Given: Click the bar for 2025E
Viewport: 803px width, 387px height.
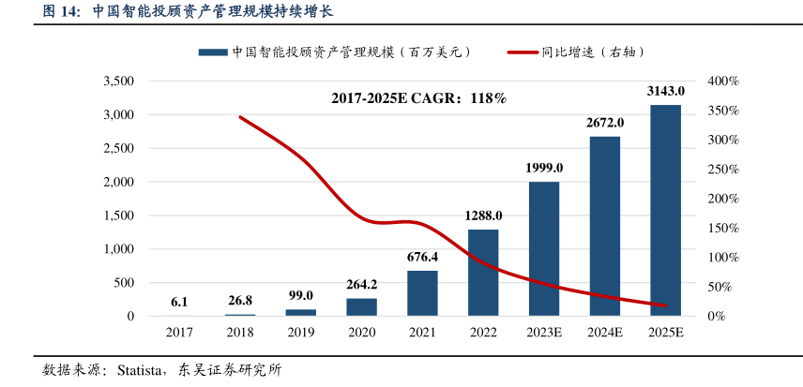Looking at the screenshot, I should point(666,211).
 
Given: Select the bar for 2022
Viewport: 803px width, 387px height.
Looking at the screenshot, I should point(483,273).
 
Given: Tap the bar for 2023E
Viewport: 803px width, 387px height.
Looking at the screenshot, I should point(544,248).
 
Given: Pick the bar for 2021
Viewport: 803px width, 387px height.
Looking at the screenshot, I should point(422,293).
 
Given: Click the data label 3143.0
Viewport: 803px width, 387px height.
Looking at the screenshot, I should point(666,91).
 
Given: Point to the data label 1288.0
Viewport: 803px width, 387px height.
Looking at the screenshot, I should point(484,216).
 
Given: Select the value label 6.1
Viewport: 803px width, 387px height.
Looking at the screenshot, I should point(179,302).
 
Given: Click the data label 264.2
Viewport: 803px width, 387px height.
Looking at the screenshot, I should point(362,284).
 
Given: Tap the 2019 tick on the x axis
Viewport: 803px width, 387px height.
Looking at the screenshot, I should point(300,333).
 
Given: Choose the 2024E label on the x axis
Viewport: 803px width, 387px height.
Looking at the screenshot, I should point(605,333).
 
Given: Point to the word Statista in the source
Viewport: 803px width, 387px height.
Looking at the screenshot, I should point(143,370).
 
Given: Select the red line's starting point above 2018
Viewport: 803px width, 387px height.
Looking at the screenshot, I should point(240,117).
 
